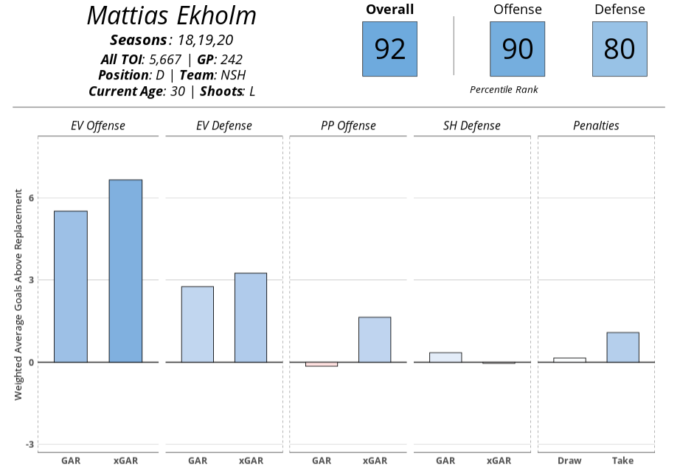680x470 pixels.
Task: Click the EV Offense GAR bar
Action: tap(71, 287)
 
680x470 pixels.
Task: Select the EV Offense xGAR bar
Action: tap(125, 271)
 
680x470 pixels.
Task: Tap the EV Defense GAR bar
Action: tap(198, 324)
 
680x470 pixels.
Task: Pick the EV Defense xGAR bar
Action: tap(251, 318)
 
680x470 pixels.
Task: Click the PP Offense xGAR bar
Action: tap(375, 340)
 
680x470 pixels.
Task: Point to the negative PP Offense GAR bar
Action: tap(322, 364)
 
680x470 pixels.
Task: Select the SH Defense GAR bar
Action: tap(445, 357)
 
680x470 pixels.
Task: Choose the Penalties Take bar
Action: tap(622, 347)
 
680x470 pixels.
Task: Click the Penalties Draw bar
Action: tap(569, 360)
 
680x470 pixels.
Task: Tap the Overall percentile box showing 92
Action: tap(389, 49)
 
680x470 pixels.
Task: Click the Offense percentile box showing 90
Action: tap(517, 49)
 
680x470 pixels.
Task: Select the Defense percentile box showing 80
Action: tap(620, 49)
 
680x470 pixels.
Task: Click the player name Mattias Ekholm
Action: tap(172, 16)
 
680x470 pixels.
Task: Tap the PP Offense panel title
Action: tap(348, 126)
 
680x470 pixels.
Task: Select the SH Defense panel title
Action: tap(472, 126)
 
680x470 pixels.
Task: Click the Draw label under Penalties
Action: tap(569, 461)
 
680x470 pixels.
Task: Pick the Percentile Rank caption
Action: tap(504, 90)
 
